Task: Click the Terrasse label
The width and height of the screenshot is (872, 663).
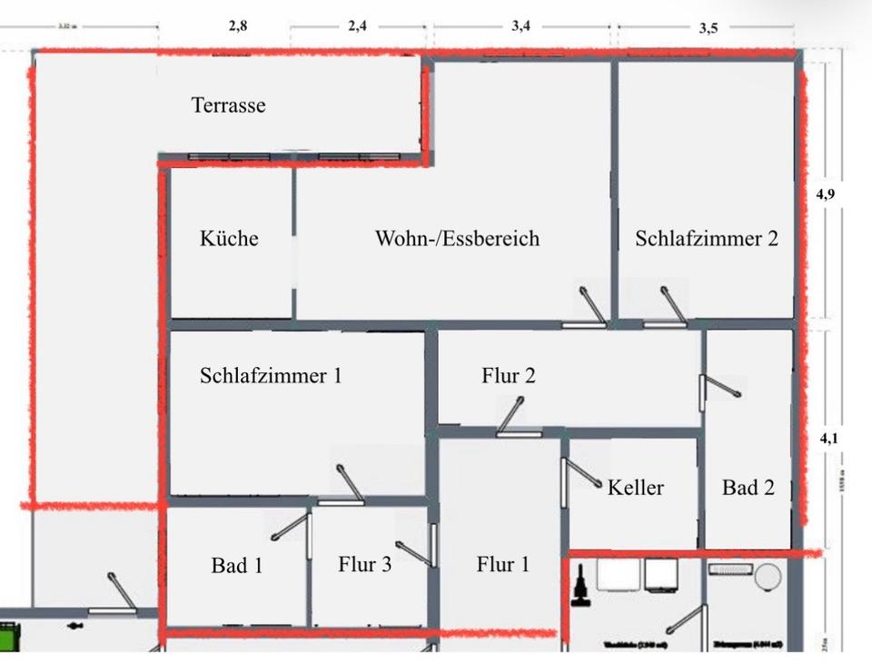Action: tap(229, 105)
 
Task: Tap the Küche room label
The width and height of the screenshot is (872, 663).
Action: tap(229, 238)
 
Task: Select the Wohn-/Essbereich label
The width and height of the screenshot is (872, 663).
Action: tap(457, 238)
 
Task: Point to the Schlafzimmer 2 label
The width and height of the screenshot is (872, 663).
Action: tap(707, 238)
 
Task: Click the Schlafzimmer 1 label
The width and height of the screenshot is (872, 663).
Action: tap(271, 375)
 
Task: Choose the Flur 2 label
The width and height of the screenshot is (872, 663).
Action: tap(509, 375)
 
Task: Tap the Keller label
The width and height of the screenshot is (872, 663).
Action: tap(636, 487)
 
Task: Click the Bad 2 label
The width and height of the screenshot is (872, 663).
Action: tap(748, 488)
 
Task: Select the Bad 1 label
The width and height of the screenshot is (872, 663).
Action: tap(237, 565)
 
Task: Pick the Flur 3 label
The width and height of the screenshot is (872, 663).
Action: tap(364, 565)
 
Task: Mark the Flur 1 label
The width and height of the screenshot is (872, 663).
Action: tap(502, 565)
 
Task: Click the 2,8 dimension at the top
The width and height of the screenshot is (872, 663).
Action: tap(238, 25)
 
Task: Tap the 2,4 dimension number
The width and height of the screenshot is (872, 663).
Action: tap(357, 25)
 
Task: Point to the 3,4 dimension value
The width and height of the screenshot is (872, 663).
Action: tap(520, 25)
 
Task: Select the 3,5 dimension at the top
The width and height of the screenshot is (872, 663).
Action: tap(708, 27)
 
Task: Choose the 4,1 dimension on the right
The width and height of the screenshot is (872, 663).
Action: tap(828, 438)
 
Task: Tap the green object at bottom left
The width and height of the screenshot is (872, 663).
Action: tap(8, 632)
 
